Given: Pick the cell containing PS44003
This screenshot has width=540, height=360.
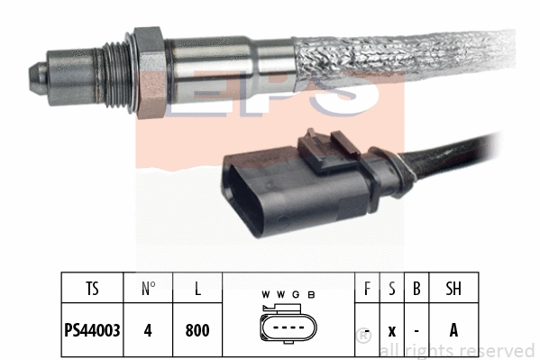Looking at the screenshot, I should pyautogui.click(x=95, y=330).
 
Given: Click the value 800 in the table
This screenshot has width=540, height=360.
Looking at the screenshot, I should pyautogui.click(x=197, y=330).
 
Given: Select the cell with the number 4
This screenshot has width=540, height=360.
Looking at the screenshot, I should pyautogui.click(x=149, y=330).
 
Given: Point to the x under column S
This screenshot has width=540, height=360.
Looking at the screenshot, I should pyautogui.click(x=391, y=330).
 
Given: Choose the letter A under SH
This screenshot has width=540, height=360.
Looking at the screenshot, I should pyautogui.click(x=453, y=330).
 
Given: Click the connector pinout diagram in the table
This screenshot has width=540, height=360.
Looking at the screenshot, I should pyautogui.click(x=288, y=329).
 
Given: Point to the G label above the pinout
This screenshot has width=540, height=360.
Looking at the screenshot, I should pyautogui.click(x=296, y=295).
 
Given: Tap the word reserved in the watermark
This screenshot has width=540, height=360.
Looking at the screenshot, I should pyautogui.click(x=500, y=350).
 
